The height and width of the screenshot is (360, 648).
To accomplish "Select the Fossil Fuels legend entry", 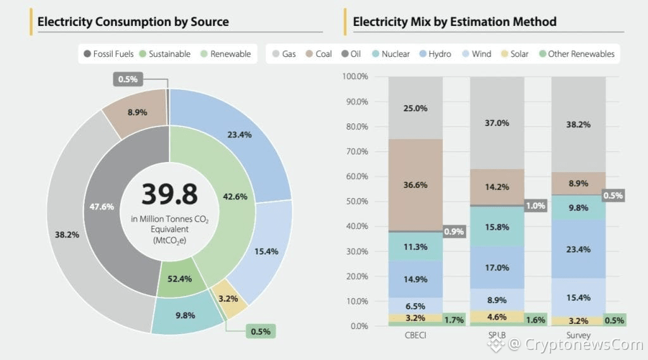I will [108, 54].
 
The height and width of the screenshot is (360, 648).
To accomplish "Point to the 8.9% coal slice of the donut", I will [137, 113].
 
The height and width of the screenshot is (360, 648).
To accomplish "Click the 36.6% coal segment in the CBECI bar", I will [415, 185].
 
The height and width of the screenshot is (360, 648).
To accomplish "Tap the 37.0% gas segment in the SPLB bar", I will [497, 123].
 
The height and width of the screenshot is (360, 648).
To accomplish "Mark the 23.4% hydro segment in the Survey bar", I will [578, 249].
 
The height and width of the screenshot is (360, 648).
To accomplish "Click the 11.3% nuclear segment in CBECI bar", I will [415, 247].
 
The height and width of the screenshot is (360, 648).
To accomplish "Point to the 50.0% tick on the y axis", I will [359, 201].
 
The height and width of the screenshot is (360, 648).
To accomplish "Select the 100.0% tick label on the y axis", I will [356, 77].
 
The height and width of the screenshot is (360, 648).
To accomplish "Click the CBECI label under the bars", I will [415, 335].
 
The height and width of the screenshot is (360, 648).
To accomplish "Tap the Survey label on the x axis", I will [578, 335].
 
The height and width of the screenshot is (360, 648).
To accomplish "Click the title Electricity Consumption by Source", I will [133, 22].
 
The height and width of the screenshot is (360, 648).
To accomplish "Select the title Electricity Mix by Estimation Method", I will [454, 22].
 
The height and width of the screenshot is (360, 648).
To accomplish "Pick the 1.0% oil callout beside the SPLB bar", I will [535, 206].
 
